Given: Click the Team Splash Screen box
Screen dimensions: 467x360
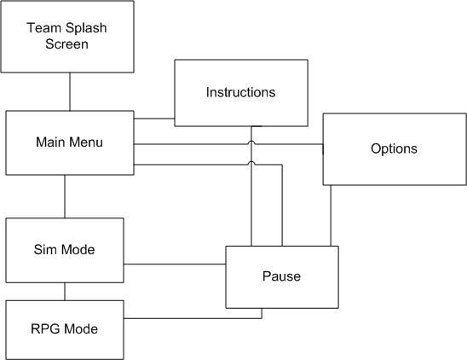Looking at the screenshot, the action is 67,37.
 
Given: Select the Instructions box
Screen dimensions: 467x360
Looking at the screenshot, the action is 241,93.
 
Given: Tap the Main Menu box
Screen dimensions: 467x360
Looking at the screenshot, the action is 70,142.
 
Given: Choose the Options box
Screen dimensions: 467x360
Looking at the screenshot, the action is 395,149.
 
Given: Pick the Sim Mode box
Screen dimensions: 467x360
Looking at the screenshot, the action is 65,250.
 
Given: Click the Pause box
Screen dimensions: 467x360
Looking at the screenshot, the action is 282,277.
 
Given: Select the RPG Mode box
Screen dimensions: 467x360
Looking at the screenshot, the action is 65,330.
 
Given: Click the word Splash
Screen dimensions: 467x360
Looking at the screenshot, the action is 86,28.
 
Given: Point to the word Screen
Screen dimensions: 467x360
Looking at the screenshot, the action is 66,44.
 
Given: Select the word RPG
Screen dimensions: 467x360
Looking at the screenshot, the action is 46,328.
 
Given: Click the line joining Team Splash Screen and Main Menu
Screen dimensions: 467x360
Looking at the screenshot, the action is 70,91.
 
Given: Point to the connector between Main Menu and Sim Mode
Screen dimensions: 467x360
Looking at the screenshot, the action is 65,196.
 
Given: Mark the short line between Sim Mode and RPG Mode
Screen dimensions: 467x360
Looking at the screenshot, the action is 65,292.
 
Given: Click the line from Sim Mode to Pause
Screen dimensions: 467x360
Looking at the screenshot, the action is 175,264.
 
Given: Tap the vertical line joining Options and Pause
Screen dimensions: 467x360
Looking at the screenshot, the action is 331,216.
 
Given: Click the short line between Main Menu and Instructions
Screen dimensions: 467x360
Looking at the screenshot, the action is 154,119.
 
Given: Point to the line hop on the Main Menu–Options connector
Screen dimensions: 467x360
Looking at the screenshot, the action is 251,142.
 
